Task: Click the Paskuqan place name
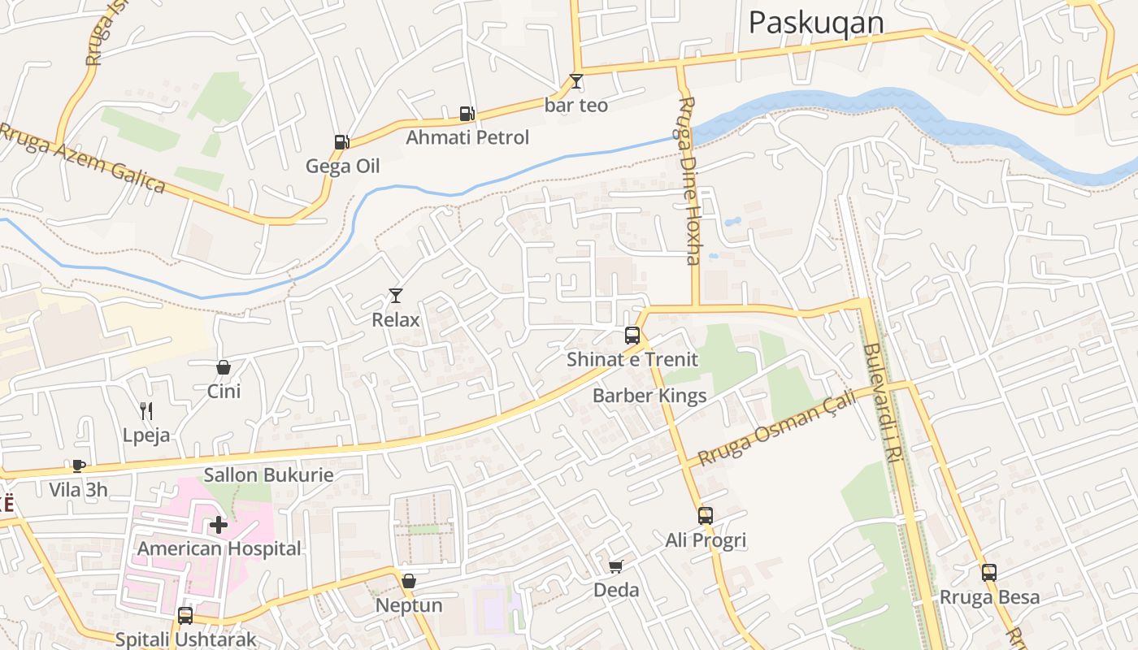pos(815,23)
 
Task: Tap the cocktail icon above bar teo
pos(576,81)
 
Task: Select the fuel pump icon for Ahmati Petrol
pos(467,114)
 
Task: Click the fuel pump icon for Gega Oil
pos(341,142)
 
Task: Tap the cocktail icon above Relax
pos(396,296)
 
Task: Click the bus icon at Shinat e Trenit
pos(632,335)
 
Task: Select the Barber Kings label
pos(649,396)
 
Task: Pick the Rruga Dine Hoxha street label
pos(688,180)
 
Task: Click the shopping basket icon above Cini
pos(224,367)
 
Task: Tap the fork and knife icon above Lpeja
pos(146,410)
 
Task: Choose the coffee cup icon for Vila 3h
pos(78,466)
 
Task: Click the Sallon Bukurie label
pos(268,474)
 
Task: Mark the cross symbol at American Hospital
pos(219,525)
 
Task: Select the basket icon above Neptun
pos(409,581)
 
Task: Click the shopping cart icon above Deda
pos(616,566)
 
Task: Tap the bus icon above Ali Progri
pos(706,515)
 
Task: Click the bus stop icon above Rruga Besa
pos(989,573)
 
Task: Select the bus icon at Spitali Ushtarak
pos(185,615)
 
